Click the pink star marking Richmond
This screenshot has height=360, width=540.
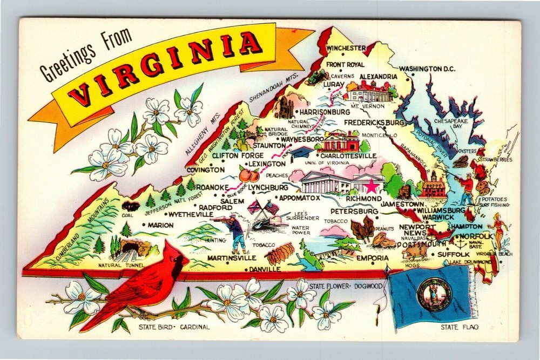[x=372, y=187]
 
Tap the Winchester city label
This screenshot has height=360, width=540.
[x=346, y=47]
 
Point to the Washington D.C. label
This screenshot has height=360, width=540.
[x=427, y=69]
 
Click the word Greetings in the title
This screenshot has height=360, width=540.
[x=64, y=65]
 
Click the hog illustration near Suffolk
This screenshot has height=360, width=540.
[x=415, y=251]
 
